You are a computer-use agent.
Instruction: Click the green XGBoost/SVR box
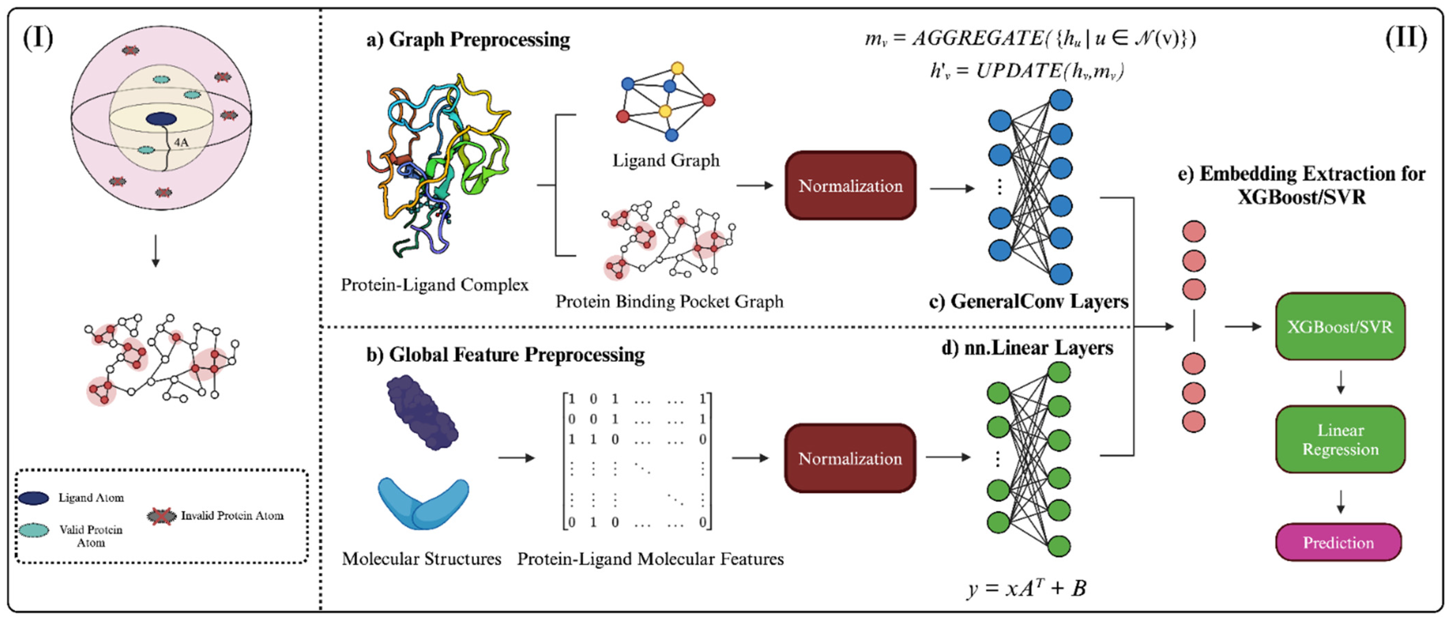pyautogui.click(x=1340, y=326)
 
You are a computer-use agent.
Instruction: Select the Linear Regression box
pyautogui.click(x=1340, y=440)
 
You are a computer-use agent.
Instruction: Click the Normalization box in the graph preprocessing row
pyautogui.click(x=850, y=186)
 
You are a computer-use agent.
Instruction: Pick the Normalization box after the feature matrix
pyautogui.click(x=850, y=458)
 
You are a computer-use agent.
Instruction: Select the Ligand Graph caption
pyautogui.click(x=666, y=160)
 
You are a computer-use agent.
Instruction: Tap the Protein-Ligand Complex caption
pyautogui.click(x=435, y=285)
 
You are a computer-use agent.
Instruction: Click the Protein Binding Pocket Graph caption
pyautogui.click(x=669, y=302)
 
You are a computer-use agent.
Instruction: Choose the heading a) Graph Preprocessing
pyautogui.click(x=468, y=39)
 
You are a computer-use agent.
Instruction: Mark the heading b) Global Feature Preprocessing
pyautogui.click(x=505, y=354)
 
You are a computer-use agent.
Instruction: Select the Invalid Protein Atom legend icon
pyautogui.click(x=161, y=515)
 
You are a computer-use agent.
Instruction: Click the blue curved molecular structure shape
pyautogui.click(x=423, y=503)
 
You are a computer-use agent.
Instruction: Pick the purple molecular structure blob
pyautogui.click(x=422, y=412)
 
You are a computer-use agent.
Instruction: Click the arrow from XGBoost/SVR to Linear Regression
pyautogui.click(x=1340, y=382)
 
